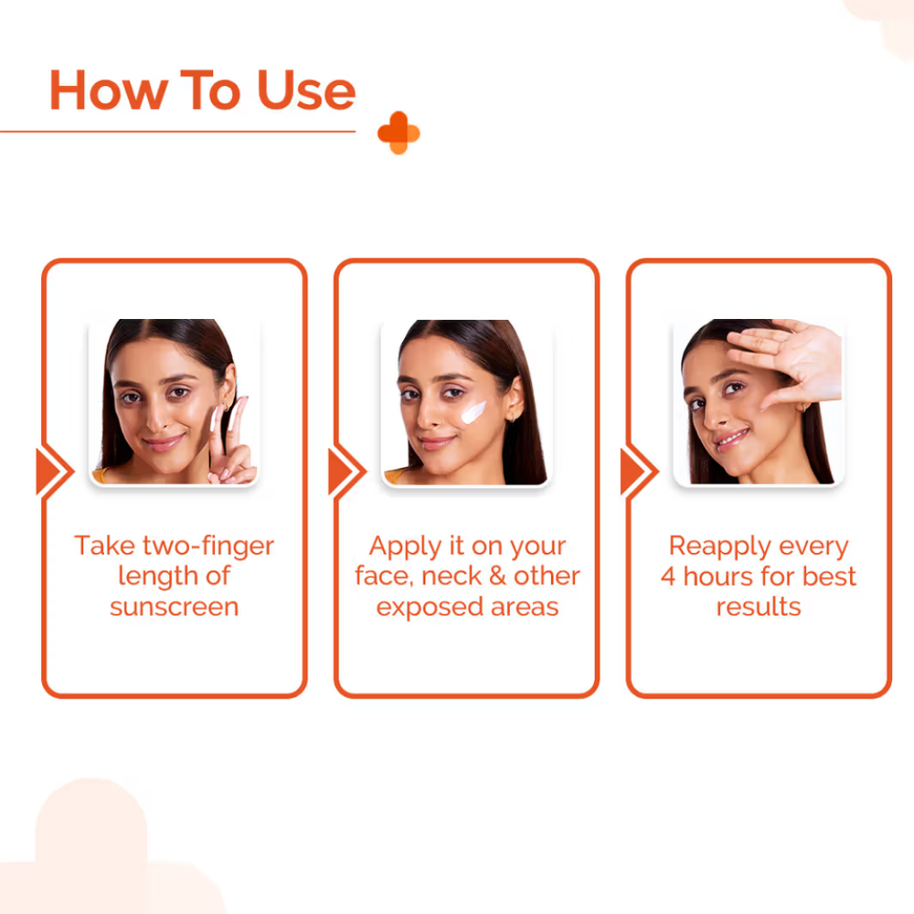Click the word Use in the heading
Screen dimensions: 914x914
pos(306,90)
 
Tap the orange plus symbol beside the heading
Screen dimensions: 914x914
pos(399,133)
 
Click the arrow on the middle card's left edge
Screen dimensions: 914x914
pos(346,471)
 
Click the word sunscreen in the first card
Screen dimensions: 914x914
pos(175,608)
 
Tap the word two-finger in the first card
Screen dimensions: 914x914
pos(208,547)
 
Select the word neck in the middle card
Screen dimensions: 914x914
pos(452,576)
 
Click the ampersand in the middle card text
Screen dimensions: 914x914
pos(497,576)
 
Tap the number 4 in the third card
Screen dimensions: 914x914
pos(668,577)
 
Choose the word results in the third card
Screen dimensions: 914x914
pos(759,607)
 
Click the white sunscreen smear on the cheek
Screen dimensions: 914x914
pos(473,411)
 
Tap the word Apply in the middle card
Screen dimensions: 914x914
pos(405,547)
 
